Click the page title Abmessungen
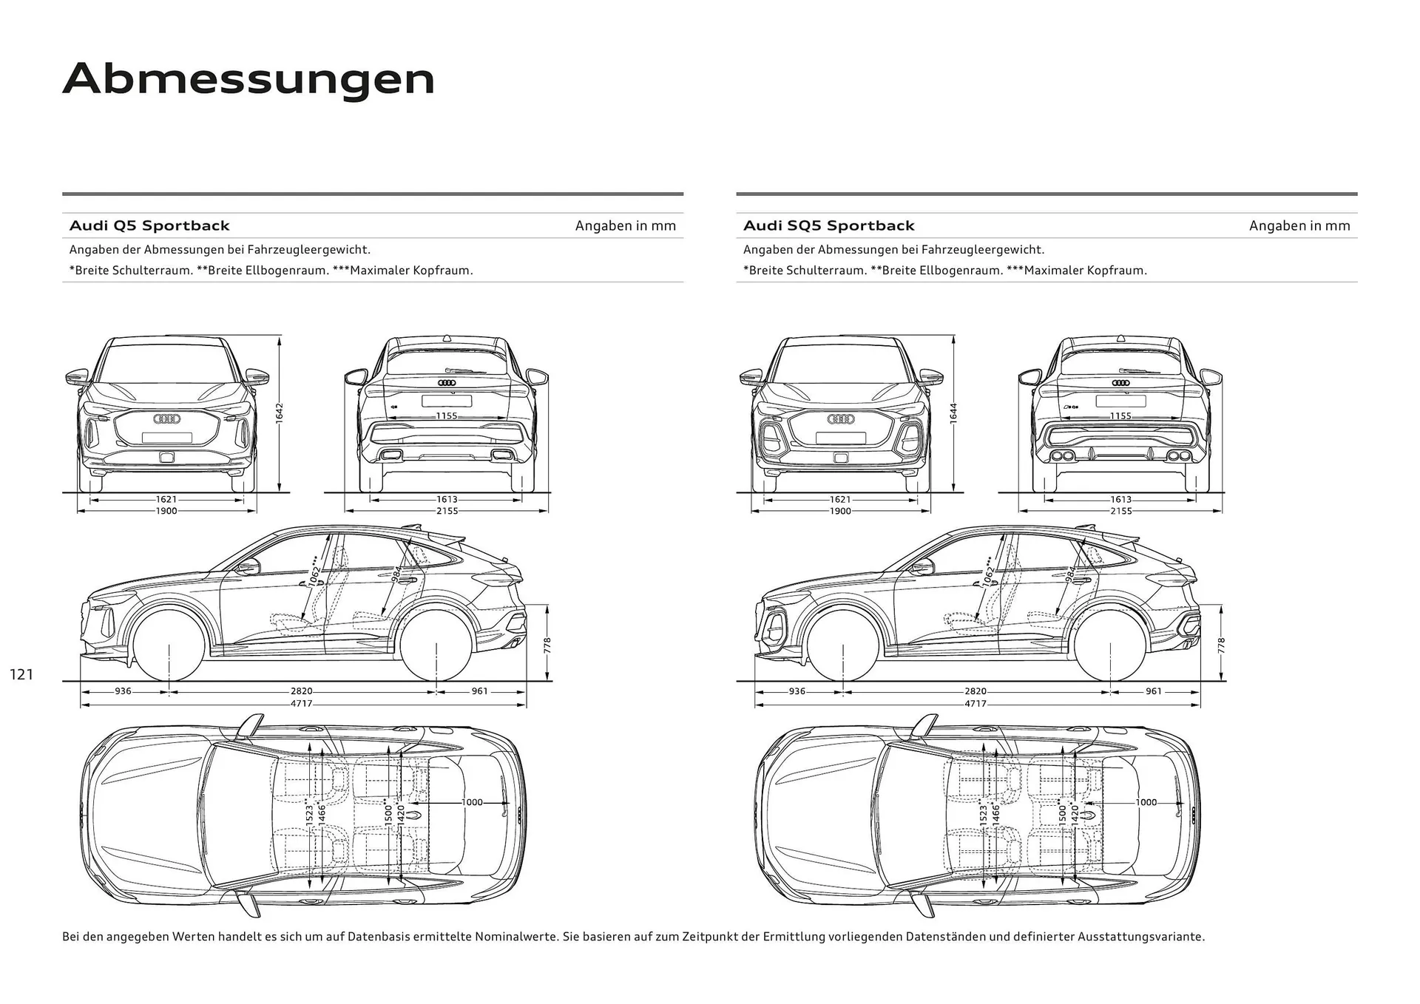248,79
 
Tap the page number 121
22,674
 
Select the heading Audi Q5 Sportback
149,225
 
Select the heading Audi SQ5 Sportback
828,225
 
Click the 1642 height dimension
280,413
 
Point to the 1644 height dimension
953,413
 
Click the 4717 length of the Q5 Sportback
301,704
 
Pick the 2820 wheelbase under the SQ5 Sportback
975,692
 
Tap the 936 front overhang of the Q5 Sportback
123,692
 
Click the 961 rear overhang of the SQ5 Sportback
1153,692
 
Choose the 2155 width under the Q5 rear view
447,511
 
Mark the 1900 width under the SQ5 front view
840,511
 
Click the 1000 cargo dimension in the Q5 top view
472,802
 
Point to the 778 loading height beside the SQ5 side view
1221,645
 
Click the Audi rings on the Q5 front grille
166,419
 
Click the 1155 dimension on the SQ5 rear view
1120,416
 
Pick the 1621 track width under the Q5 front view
166,500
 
